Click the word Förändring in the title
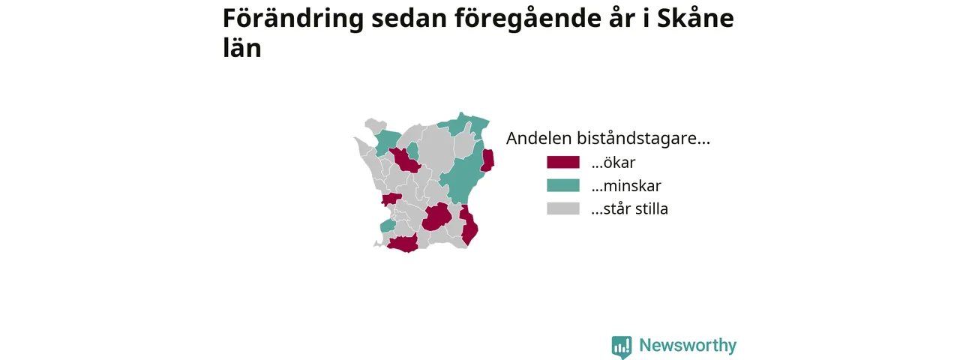[293, 19]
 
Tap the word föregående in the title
[527, 19]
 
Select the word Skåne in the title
[695, 18]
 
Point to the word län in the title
[242, 46]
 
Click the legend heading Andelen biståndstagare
[607, 139]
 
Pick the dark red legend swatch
[563, 163]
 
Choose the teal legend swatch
[563, 185]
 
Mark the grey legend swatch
[563, 208]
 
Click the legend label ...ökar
[613, 163]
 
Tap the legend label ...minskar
[626, 185]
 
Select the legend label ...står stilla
[629, 208]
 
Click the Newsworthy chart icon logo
[622, 346]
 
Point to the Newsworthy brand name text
[688, 345]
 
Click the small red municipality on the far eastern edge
[487, 160]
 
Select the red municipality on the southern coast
[403, 244]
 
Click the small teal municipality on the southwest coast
[388, 226]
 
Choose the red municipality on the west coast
[391, 199]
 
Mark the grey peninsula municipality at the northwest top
[374, 125]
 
